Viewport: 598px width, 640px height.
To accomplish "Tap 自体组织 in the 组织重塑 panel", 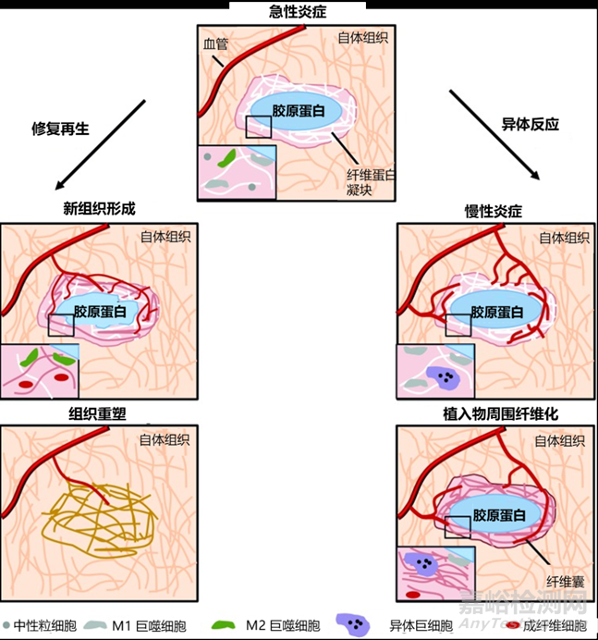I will click(165, 440).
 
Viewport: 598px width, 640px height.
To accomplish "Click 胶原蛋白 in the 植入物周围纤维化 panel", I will click(498, 516).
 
